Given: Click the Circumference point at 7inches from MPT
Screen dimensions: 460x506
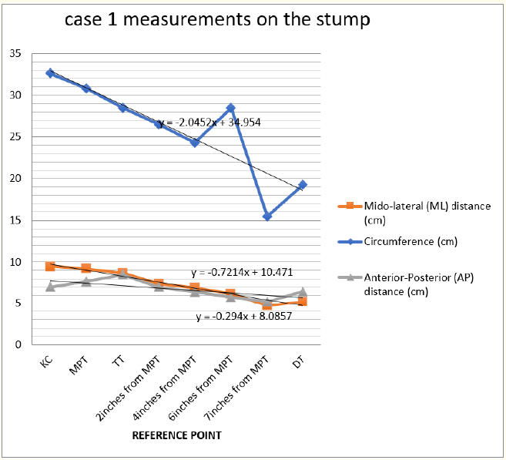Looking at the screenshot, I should [x=266, y=217].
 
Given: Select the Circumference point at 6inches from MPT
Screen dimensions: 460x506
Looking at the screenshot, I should [x=230, y=109].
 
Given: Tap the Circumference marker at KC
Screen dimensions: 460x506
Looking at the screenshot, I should [x=50, y=73].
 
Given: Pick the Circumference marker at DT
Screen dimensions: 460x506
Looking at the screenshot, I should [x=303, y=185].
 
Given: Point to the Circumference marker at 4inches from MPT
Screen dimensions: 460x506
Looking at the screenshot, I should [x=195, y=143].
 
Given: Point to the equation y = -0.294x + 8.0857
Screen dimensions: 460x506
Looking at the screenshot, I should [x=243, y=316].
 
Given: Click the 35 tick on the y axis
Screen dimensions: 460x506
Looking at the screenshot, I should [x=15, y=54].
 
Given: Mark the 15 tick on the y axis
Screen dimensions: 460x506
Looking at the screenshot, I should [x=15, y=220].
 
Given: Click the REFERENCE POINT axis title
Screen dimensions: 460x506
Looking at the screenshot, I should [x=176, y=435].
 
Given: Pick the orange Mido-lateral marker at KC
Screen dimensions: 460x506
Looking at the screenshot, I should [x=50, y=267].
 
